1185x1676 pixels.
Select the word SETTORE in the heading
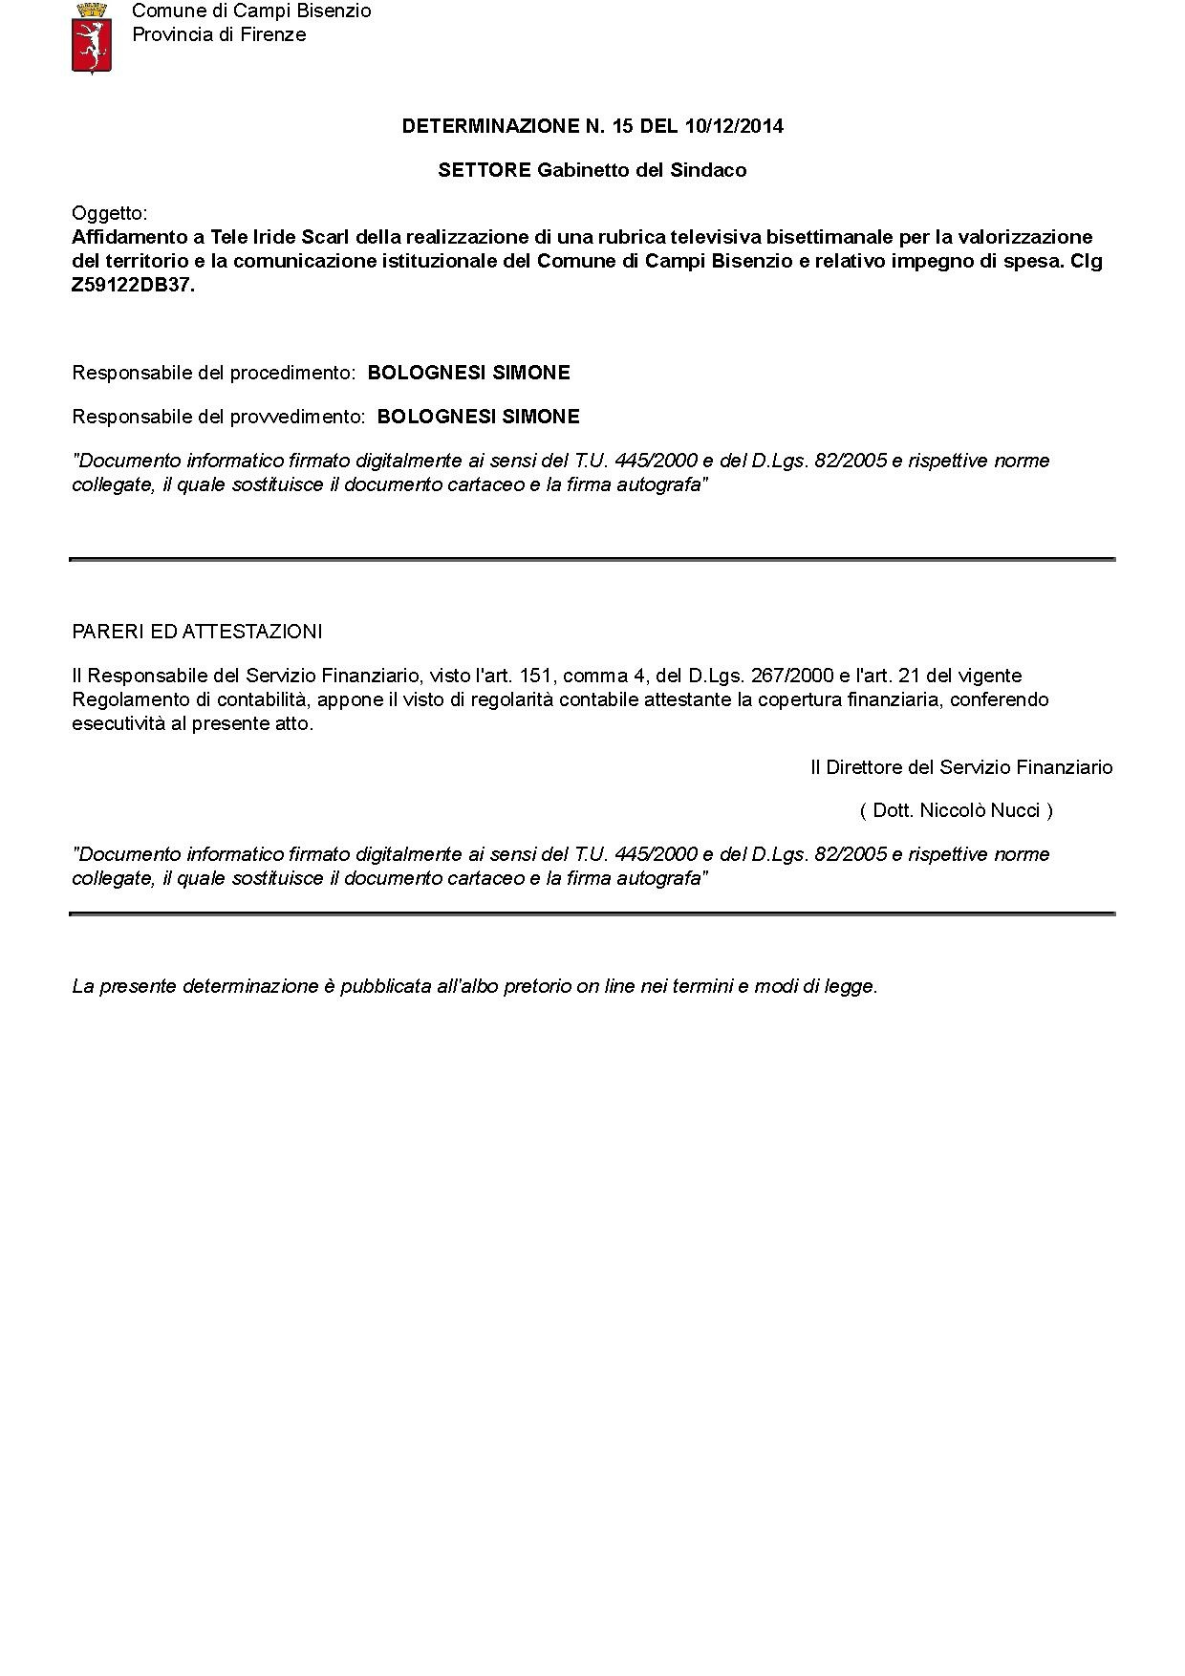tap(484, 170)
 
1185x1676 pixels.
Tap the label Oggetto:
tap(110, 212)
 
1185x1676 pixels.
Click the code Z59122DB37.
tap(133, 285)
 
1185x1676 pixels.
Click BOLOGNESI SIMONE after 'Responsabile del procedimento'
tap(468, 373)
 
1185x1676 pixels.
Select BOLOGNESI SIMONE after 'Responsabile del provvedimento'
tap(478, 417)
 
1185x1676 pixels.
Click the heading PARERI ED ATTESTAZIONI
tap(197, 632)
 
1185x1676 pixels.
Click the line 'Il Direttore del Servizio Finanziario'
tap(961, 767)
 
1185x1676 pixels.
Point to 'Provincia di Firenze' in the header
tap(219, 35)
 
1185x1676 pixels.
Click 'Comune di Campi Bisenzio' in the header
tap(251, 11)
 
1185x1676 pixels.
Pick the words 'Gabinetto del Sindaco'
tap(641, 170)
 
